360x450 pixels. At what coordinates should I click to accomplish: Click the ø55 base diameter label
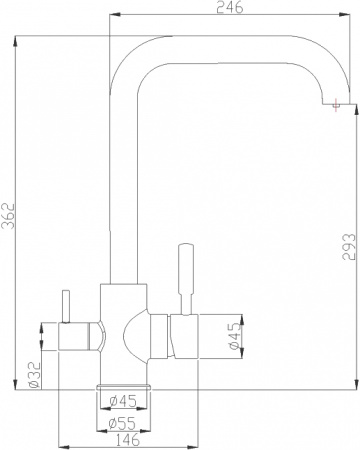(x=123, y=421)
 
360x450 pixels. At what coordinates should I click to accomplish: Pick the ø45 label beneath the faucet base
(x=123, y=403)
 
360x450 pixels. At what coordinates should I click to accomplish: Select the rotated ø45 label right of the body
(x=234, y=337)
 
